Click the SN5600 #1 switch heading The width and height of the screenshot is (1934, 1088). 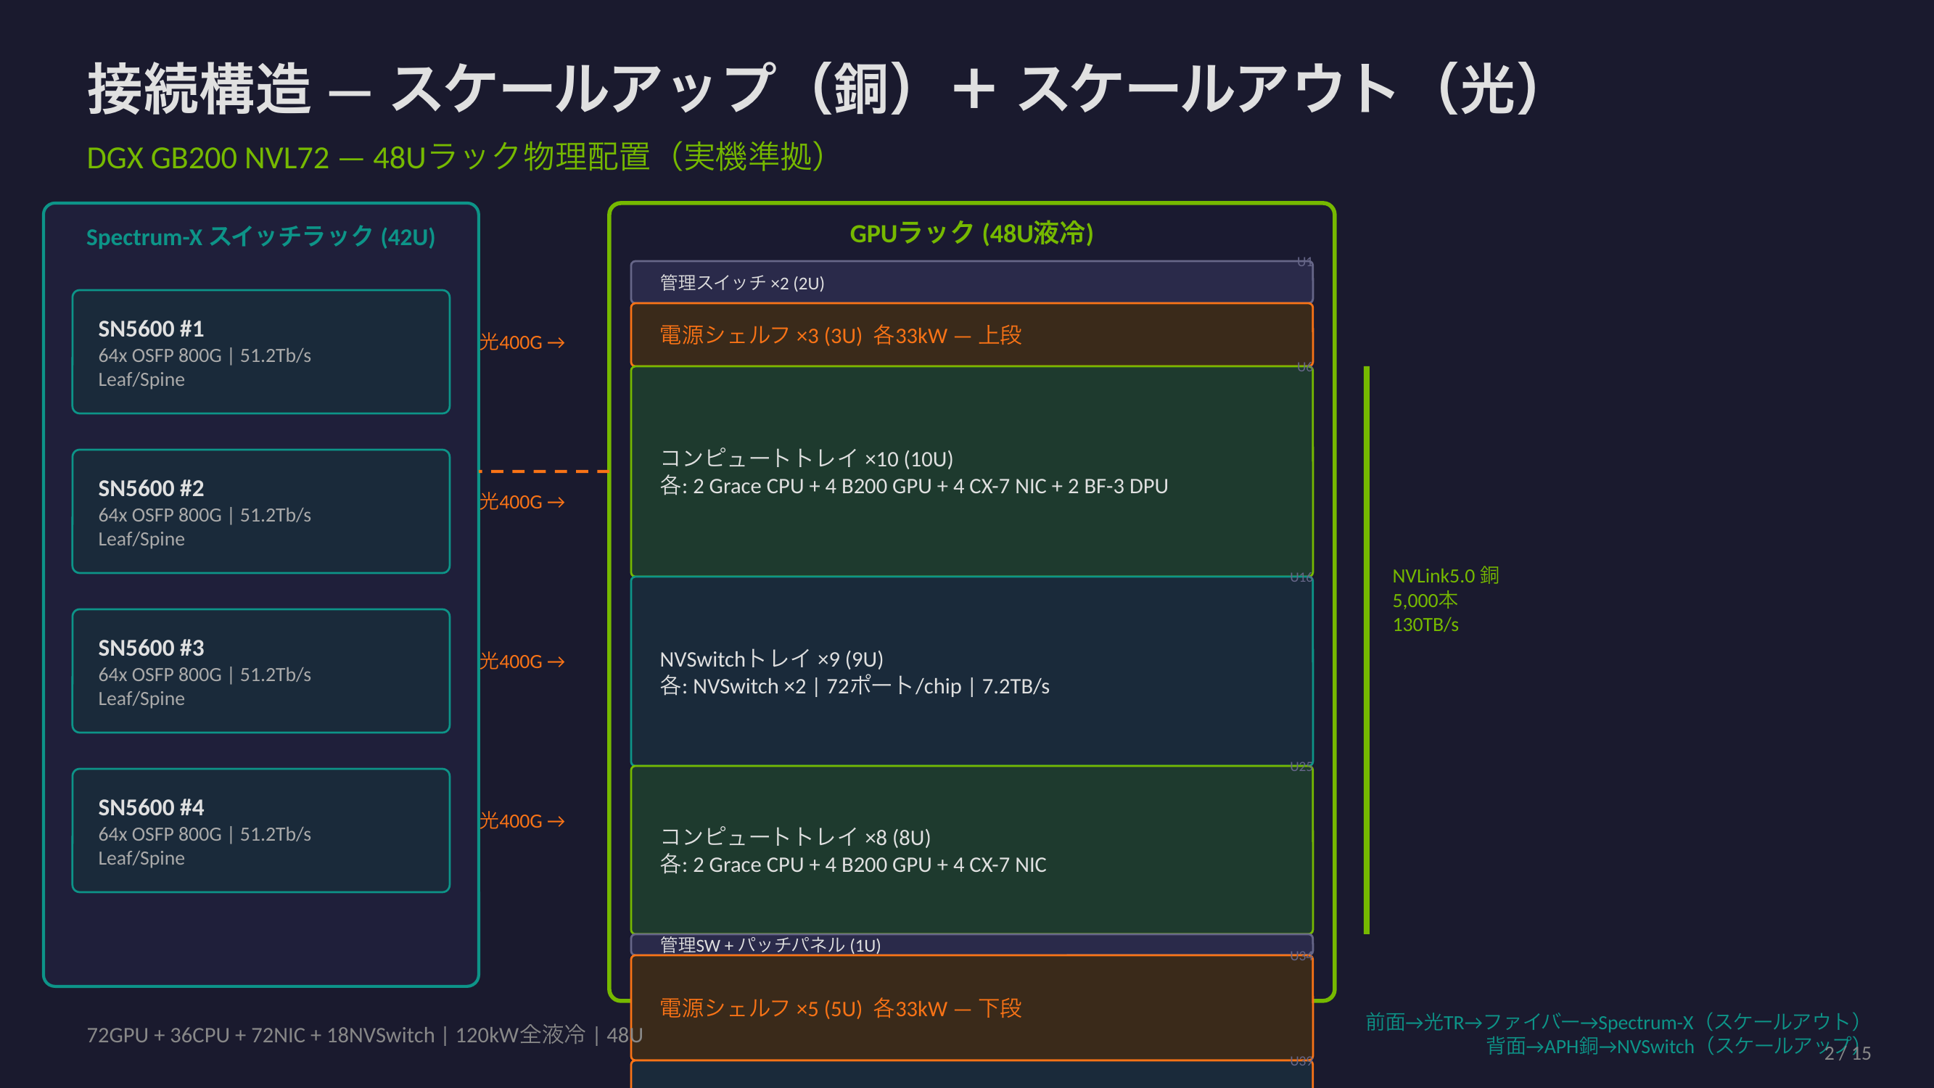pos(151,329)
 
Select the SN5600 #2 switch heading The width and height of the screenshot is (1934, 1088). pos(151,488)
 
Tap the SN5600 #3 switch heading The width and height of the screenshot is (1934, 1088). pos(151,648)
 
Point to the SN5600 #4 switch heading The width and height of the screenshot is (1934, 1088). pos(151,807)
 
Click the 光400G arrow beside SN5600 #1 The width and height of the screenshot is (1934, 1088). pos(522,342)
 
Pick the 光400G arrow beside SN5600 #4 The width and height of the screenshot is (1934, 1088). pos(522,820)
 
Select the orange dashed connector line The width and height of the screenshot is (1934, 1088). pos(543,471)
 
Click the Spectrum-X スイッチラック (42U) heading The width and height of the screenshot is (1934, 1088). pos(260,237)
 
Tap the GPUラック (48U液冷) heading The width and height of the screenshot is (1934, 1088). pos(971,234)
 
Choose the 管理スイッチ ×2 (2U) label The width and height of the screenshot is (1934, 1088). pos(742,283)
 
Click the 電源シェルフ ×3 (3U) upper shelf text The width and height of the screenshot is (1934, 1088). pos(840,335)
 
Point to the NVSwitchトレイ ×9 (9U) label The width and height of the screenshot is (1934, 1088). pos(771,659)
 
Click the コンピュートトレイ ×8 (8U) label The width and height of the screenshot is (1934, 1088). pos(795,837)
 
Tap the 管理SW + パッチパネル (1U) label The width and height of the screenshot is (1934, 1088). pos(770,944)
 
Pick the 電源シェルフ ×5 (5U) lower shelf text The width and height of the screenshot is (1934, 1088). pos(840,1007)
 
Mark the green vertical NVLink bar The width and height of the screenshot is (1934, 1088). pos(1367,649)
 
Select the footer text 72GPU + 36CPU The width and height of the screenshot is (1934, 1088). pos(364,1035)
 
